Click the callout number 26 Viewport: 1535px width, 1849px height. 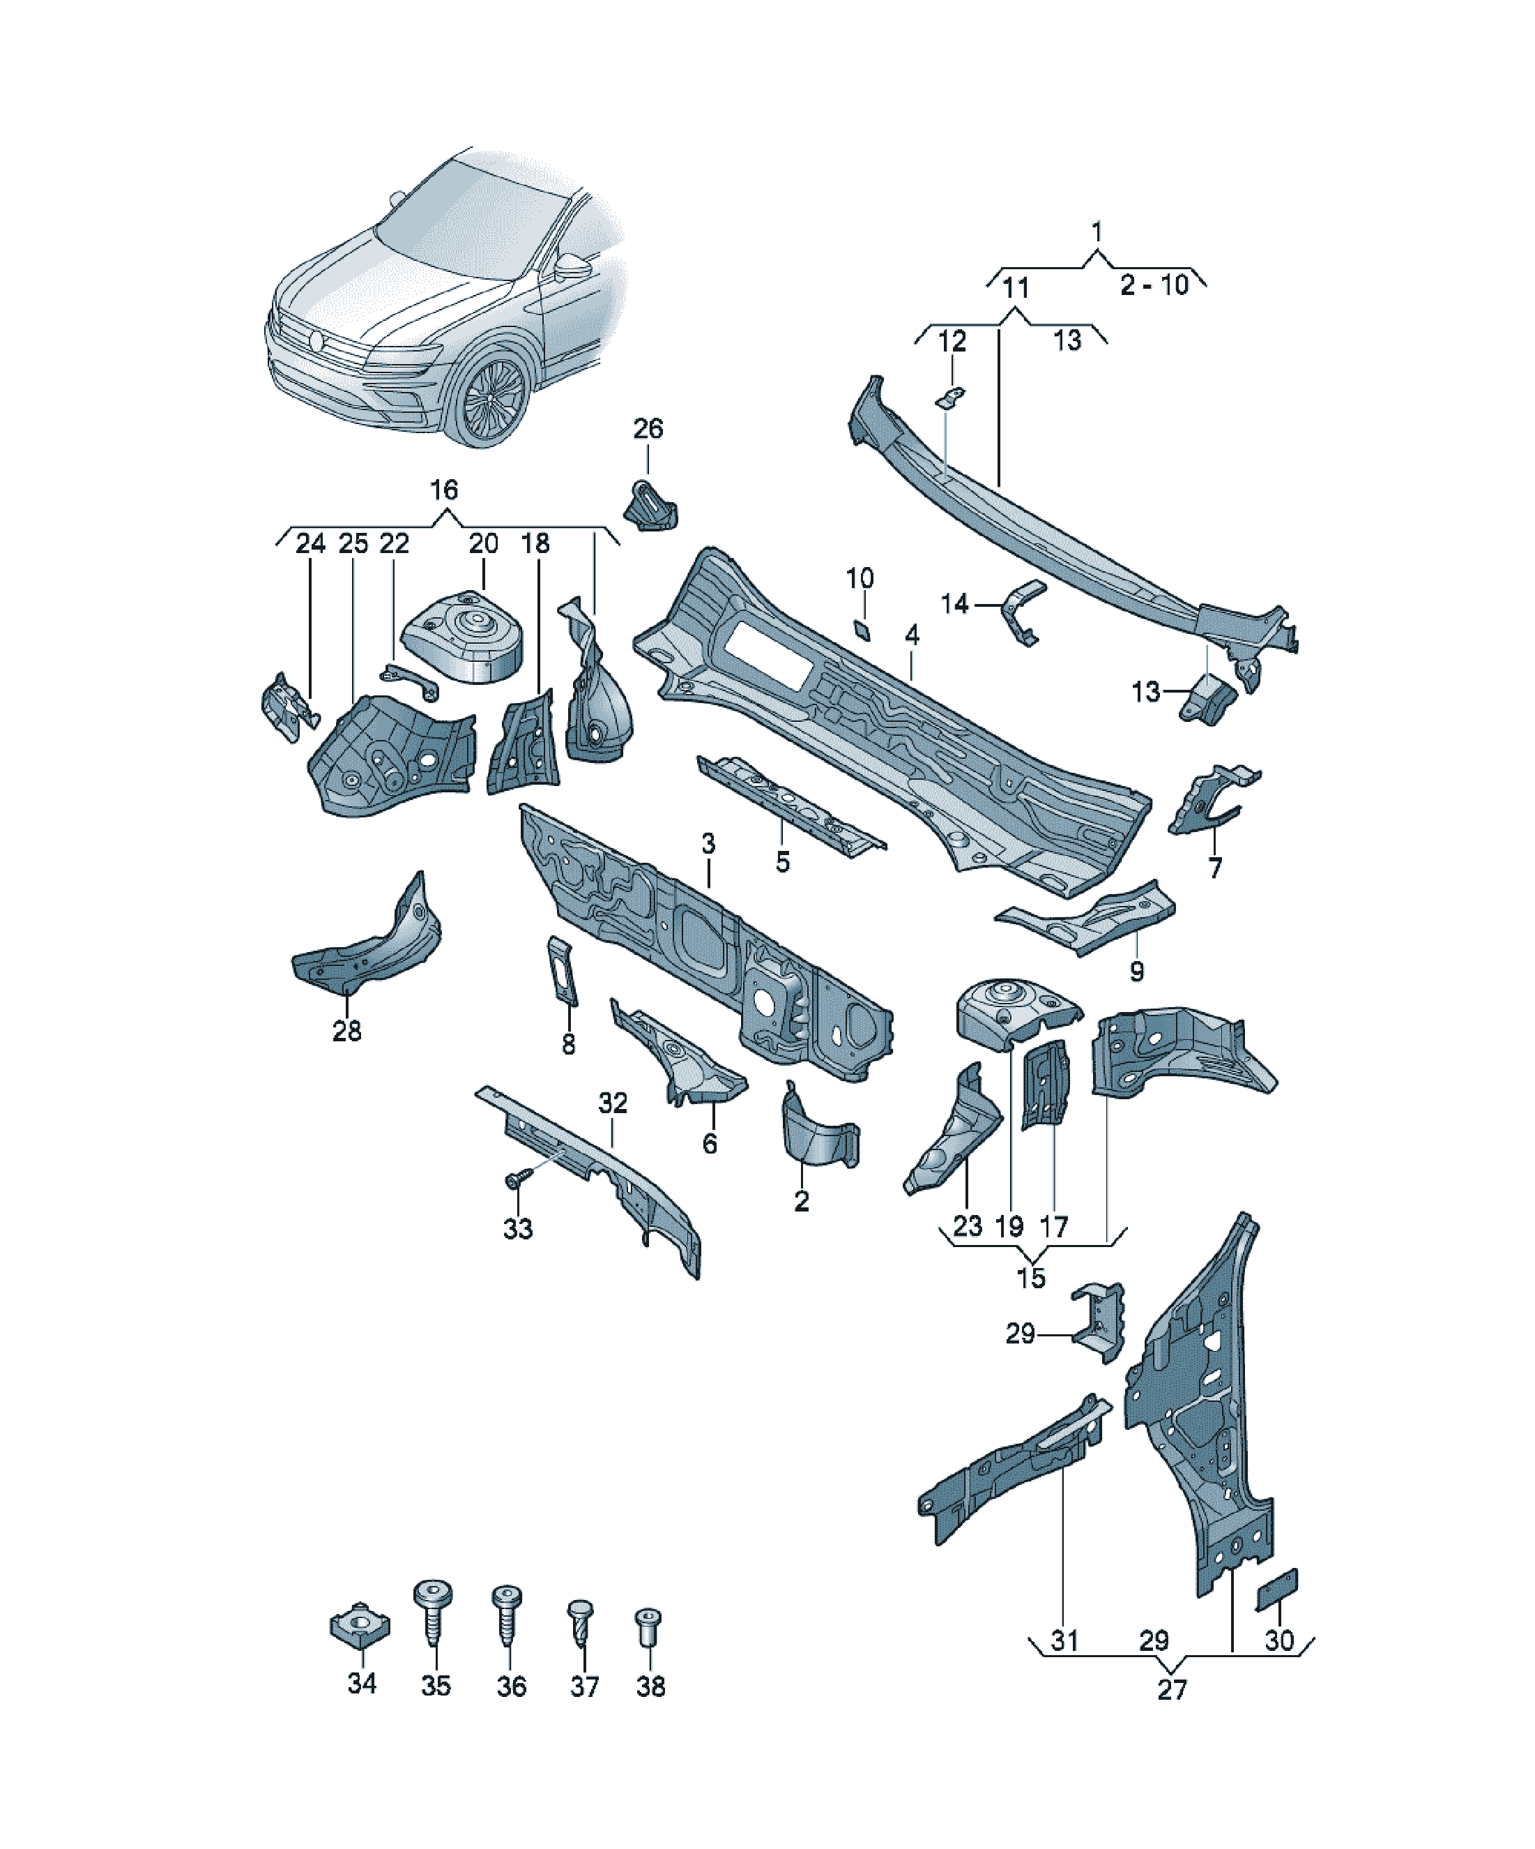(x=648, y=429)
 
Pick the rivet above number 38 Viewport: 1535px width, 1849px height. (x=648, y=1631)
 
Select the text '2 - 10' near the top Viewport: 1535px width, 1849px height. (x=1154, y=285)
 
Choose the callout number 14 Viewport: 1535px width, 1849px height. (x=955, y=604)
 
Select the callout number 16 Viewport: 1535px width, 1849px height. (x=443, y=490)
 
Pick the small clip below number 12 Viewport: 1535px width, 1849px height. (x=949, y=398)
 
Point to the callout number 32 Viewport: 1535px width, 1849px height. (x=613, y=1103)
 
